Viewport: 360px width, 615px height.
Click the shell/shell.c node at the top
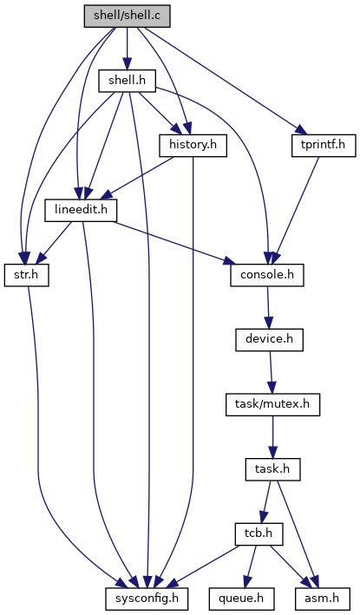(127, 16)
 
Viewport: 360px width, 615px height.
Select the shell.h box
(127, 81)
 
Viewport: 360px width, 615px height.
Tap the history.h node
(193, 146)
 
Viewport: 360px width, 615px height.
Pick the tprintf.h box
(324, 146)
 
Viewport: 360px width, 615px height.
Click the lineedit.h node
(82, 210)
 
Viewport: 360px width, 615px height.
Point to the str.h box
(27, 275)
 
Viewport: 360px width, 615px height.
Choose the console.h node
(267, 275)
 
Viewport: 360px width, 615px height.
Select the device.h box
(269, 340)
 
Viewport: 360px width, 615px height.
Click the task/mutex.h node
(272, 404)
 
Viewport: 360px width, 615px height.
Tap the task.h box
(272, 469)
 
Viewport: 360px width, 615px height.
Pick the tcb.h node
(259, 533)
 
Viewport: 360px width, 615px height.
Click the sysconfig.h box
(147, 599)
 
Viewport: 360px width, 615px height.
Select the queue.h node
(241, 599)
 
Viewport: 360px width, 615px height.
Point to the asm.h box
(323, 599)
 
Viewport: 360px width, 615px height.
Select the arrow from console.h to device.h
(268, 307)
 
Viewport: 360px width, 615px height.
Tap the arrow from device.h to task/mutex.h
(271, 372)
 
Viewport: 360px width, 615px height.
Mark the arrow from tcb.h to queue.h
(251, 566)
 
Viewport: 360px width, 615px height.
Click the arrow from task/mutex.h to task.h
(272, 437)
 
